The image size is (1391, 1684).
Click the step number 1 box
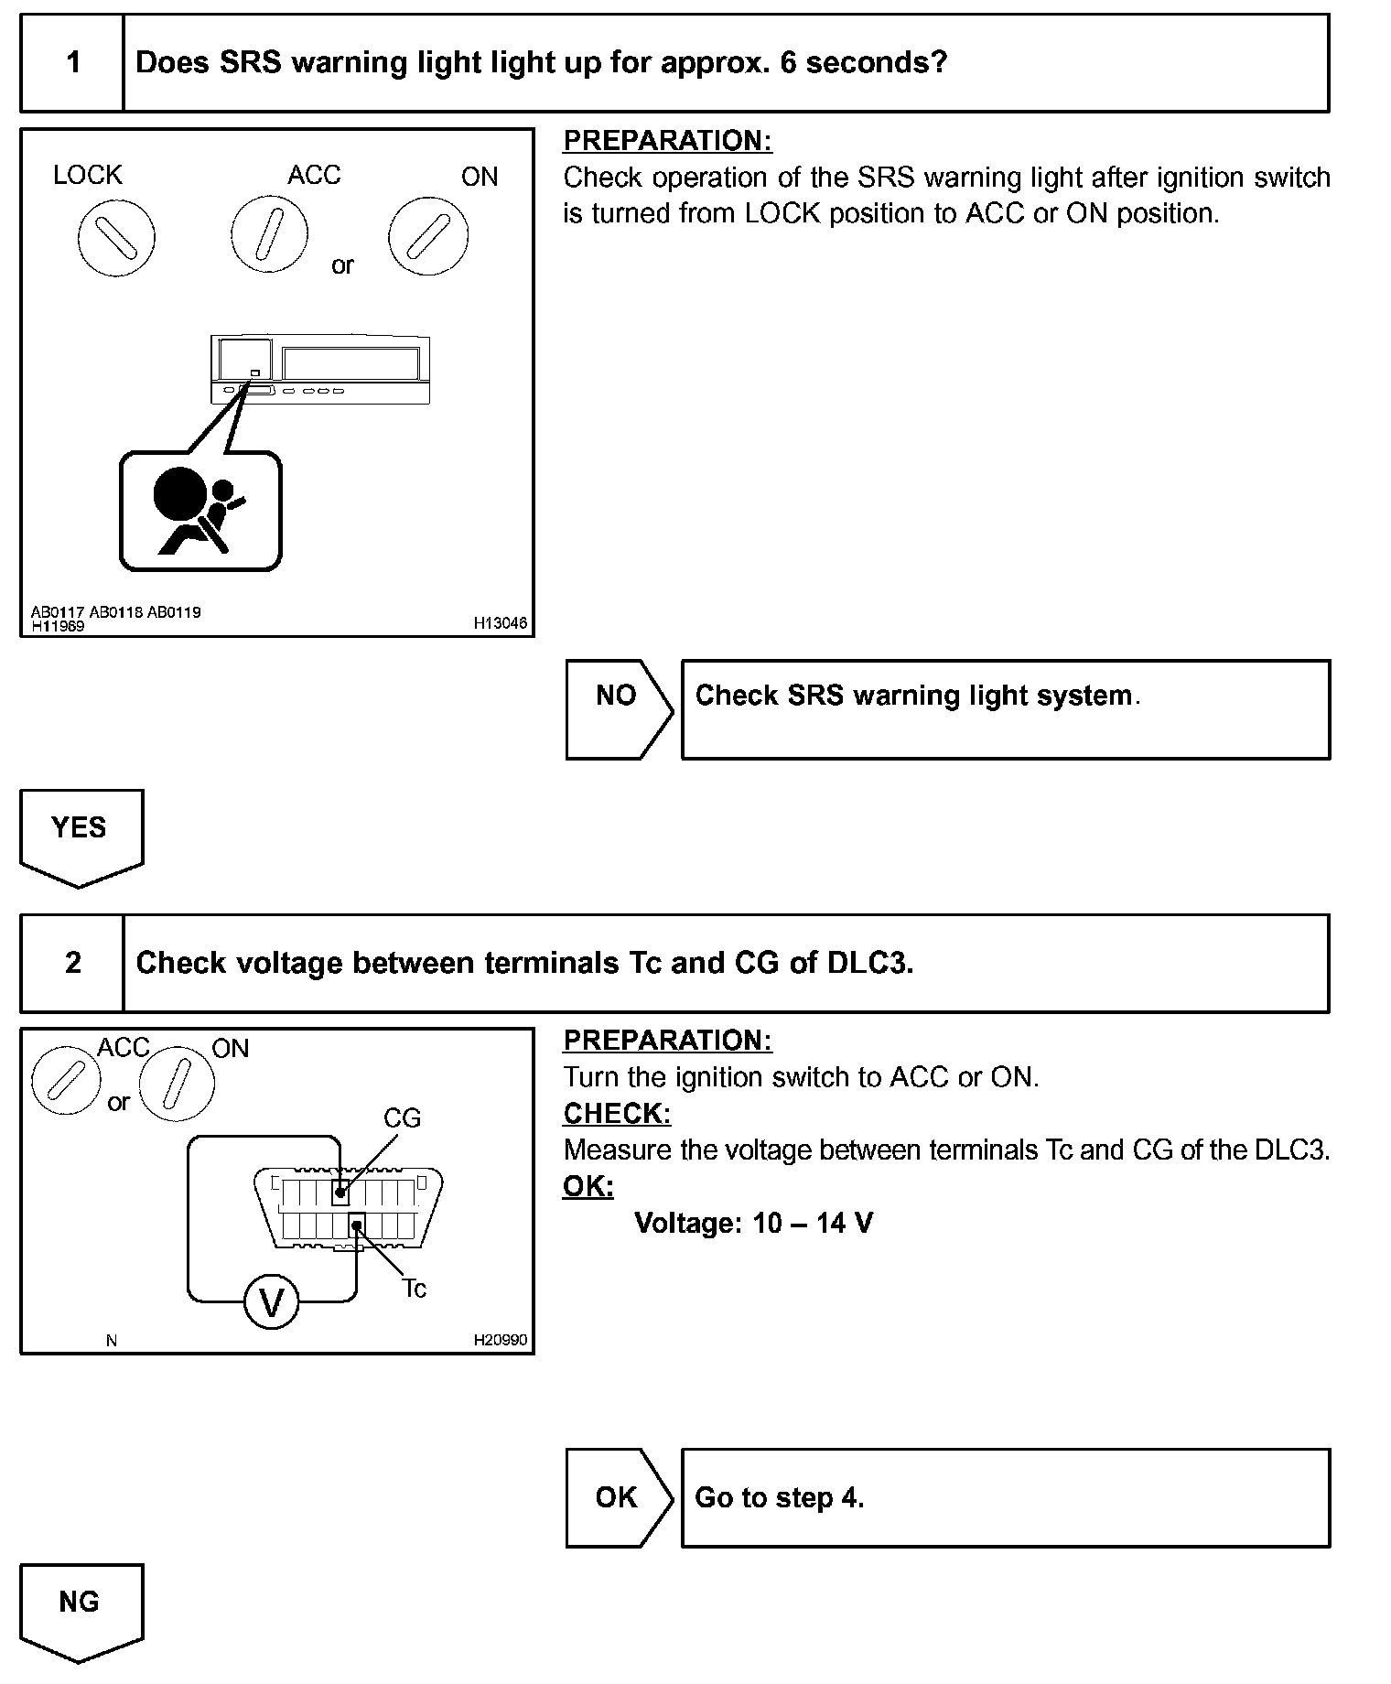pyautogui.click(x=72, y=63)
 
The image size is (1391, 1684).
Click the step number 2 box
pyautogui.click(x=72, y=963)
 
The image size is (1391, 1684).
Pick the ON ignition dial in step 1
pyautogui.click(x=428, y=236)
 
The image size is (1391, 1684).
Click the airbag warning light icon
pyautogui.click(x=200, y=511)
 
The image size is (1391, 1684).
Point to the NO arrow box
pyautogui.click(x=618, y=709)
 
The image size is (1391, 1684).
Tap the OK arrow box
pyautogui.click(x=618, y=1497)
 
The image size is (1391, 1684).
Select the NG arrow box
pyautogui.click(x=81, y=1609)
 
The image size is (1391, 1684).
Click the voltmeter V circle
pyautogui.click(x=272, y=1301)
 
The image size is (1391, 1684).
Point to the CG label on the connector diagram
pyautogui.click(x=402, y=1118)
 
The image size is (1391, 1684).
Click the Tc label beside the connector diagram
pyautogui.click(x=415, y=1289)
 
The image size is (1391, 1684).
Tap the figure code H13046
pyautogui.click(x=500, y=623)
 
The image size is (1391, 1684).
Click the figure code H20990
pyautogui.click(x=500, y=1340)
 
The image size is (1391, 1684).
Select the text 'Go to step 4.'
pyautogui.click(x=779, y=1498)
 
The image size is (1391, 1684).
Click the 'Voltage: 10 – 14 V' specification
pyautogui.click(x=753, y=1223)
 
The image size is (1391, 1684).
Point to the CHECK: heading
pyautogui.click(x=617, y=1114)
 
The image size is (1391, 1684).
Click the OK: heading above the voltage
pyautogui.click(x=588, y=1186)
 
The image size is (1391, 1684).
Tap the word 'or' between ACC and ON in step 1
pyautogui.click(x=342, y=265)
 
